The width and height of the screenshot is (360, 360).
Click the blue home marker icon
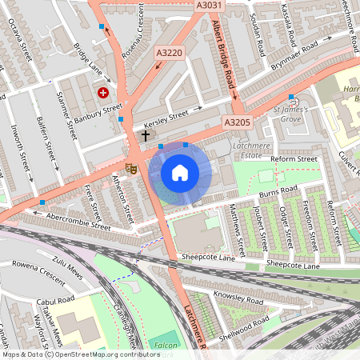coord(180,173)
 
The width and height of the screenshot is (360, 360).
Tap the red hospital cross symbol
coord(103,93)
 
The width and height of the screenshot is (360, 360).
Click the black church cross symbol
coord(146,135)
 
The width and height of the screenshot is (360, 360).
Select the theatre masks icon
coord(130,167)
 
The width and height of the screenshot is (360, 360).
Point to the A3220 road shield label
coord(170,54)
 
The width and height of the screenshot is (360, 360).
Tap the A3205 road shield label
coord(238,122)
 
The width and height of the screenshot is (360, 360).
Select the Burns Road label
coord(278,191)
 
